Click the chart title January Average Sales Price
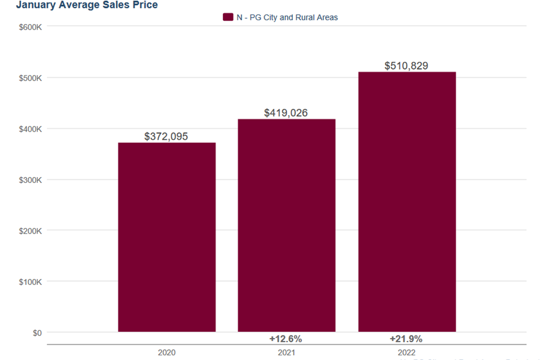pos(87,5)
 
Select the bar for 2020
pos(166,237)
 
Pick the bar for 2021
pos(286,225)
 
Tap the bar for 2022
pos(407,202)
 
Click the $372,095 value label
pos(166,137)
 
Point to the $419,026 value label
pos(286,113)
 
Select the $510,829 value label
pos(406,66)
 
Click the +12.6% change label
pos(286,339)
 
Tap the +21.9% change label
pos(406,339)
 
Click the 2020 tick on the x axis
pos(166,353)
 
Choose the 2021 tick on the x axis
pos(286,353)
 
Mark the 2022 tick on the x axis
pos(406,353)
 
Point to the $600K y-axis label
pos(31,27)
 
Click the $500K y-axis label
pos(31,78)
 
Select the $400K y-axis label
pos(31,129)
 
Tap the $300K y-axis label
pos(31,180)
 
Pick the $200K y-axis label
pos(31,231)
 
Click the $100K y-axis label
pos(31,282)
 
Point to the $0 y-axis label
pos(36,333)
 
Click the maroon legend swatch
pos(228,18)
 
